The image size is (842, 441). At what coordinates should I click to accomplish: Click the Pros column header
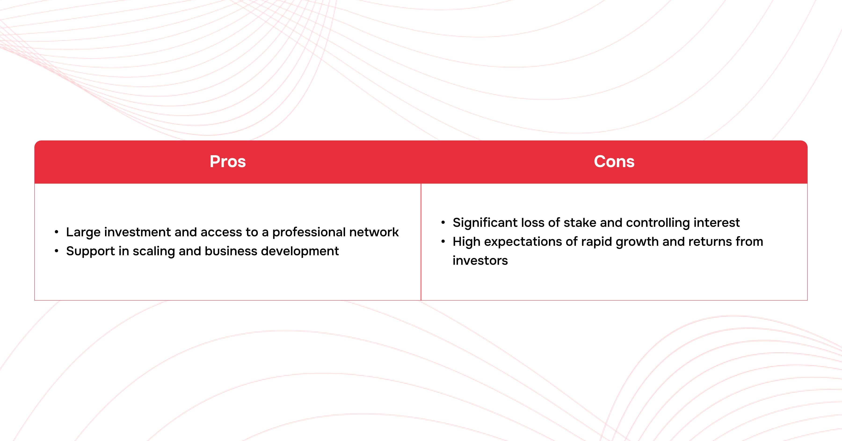(228, 161)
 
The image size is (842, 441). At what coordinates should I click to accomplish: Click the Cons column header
(614, 161)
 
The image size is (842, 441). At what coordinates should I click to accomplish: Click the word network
(374, 232)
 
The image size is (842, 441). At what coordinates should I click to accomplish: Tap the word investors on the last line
(480, 261)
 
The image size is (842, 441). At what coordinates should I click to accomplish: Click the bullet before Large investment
(57, 232)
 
